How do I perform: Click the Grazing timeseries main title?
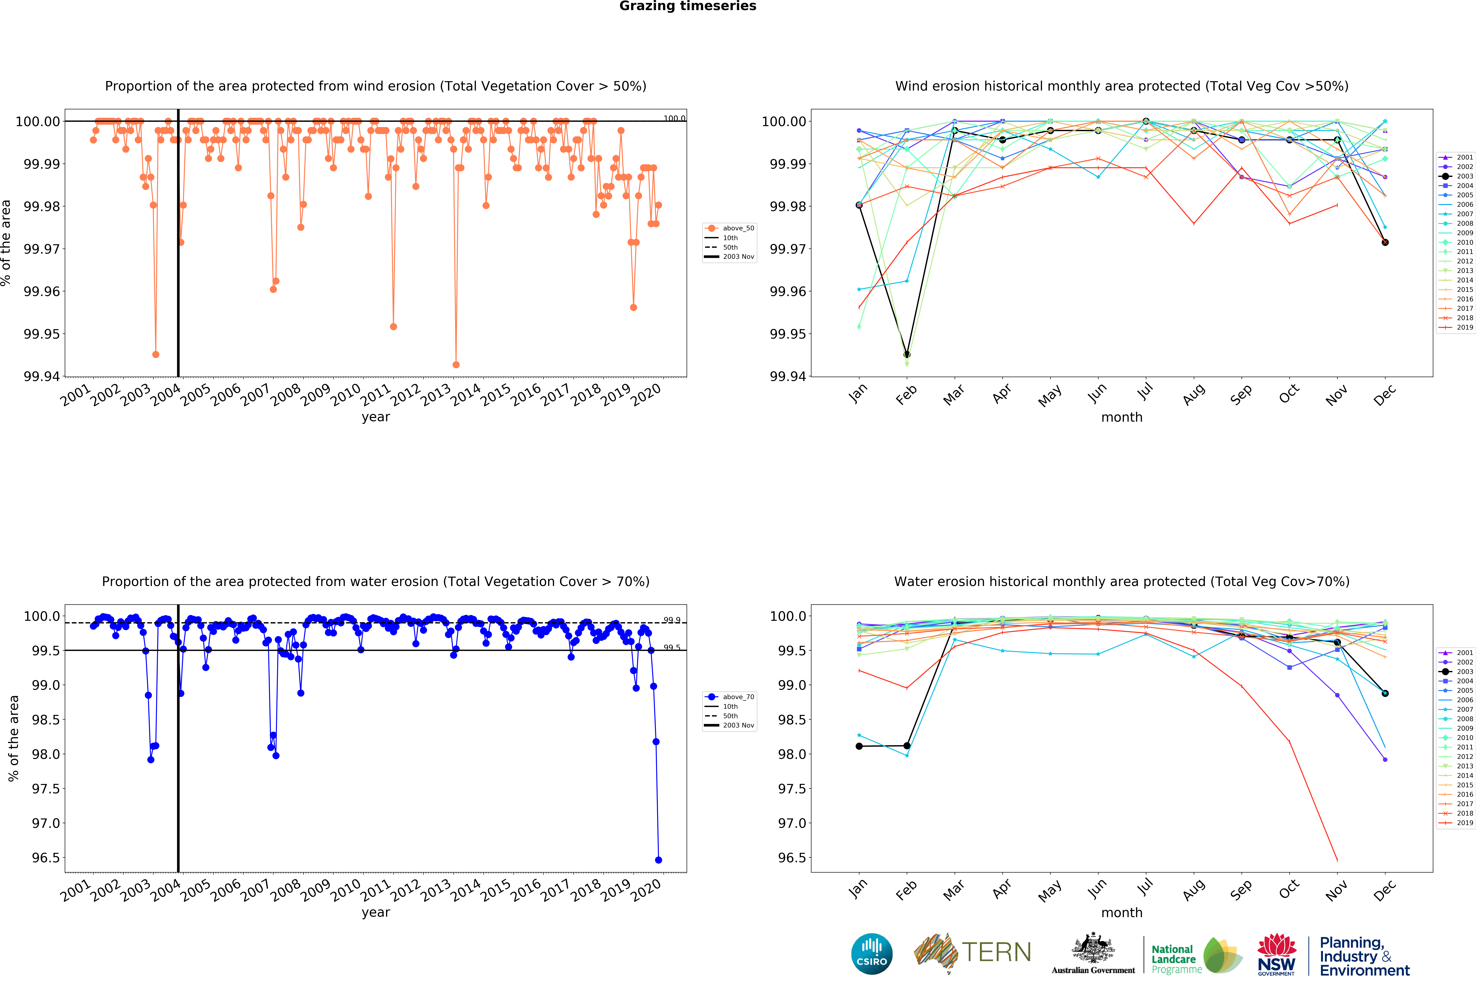[x=687, y=6]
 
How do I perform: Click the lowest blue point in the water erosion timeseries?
[x=658, y=860]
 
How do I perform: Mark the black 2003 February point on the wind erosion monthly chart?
[x=907, y=354]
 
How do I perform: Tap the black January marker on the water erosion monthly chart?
[x=859, y=747]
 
